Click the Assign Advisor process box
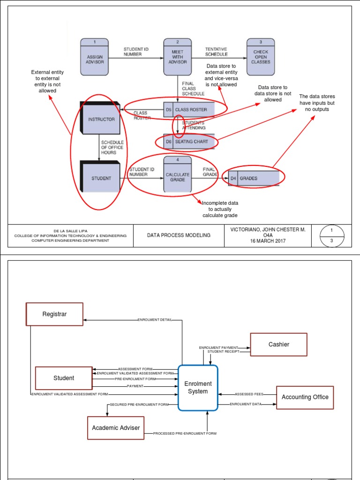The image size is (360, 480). (95, 57)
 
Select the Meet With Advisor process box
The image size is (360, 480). (177, 57)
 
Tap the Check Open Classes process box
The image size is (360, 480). (260, 57)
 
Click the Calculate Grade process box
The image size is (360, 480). (177, 174)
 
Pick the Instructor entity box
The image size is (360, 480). (101, 119)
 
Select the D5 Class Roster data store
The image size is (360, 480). (189, 110)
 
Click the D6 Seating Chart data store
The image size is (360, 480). (189, 141)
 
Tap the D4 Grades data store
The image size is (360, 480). (256, 178)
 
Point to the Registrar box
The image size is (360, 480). (54, 314)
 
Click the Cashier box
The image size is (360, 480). (278, 345)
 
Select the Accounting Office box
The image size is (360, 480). (305, 397)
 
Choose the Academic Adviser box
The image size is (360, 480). (116, 427)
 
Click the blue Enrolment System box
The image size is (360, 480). (197, 388)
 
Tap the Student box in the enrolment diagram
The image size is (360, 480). (64, 378)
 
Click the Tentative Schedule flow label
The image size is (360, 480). (216, 52)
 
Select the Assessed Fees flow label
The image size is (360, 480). (249, 394)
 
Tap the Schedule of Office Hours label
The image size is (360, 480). (112, 148)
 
